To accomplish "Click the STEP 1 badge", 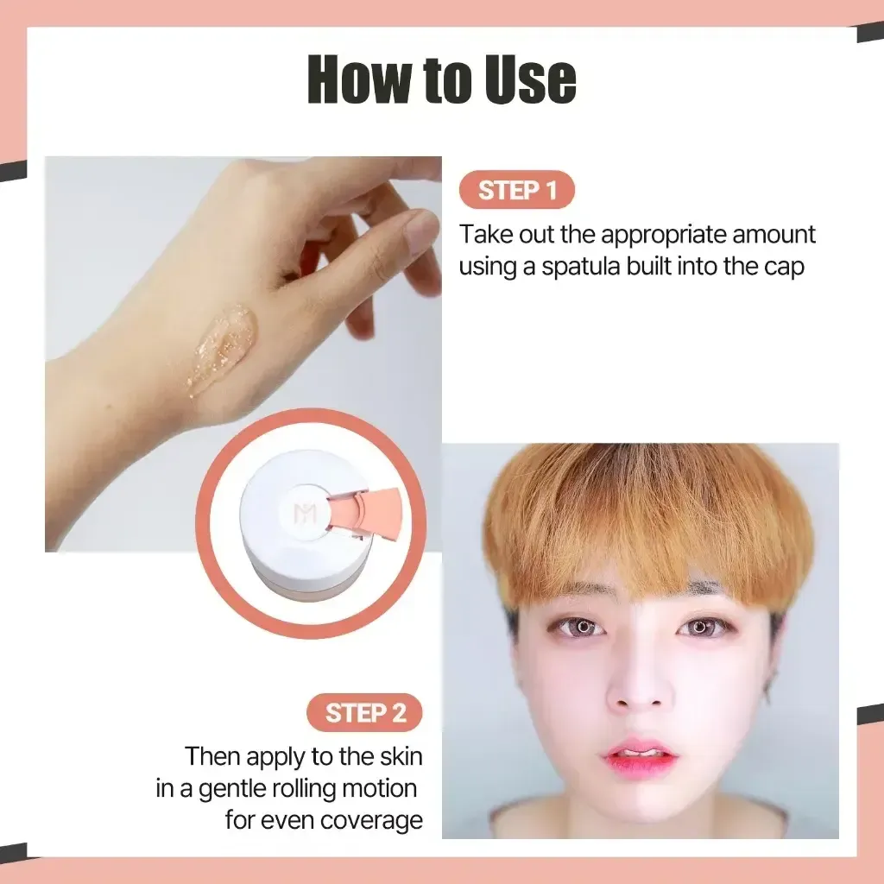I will pyautogui.click(x=516, y=191).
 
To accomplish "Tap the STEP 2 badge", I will pyautogui.click(x=365, y=713).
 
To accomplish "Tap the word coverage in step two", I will pyautogui.click(x=372, y=820).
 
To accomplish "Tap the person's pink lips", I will pyautogui.click(x=640, y=757).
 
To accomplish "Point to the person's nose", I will pyautogui.click(x=640, y=683).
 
